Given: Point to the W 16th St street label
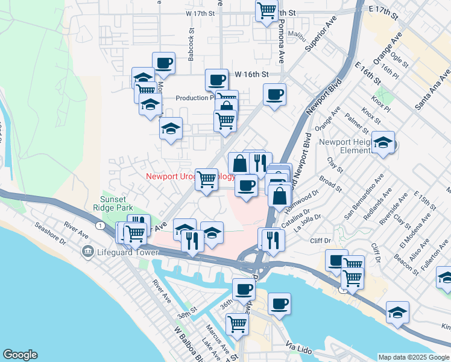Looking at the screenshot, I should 251,74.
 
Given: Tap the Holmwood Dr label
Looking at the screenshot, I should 303,201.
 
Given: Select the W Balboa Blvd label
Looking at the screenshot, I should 187,345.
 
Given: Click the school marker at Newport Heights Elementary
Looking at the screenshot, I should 383,143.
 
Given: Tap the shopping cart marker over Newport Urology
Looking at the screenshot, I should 207,179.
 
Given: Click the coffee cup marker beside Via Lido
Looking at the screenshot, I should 279,303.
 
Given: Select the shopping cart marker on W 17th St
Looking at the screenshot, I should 266,10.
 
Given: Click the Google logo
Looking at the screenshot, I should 20,355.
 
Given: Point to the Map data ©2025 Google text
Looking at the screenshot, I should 414,357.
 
